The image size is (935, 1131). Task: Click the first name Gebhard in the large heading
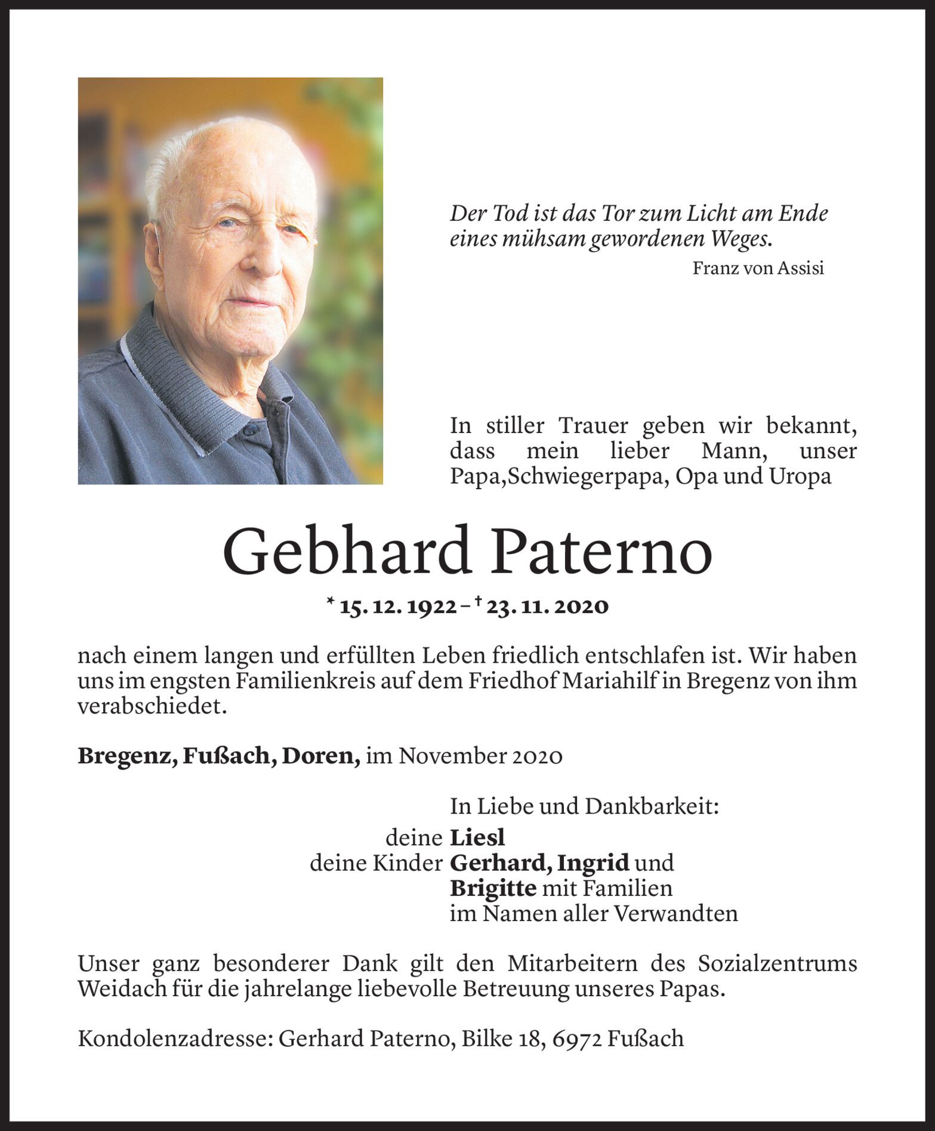click(347, 552)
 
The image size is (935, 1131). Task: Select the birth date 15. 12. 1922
click(398, 607)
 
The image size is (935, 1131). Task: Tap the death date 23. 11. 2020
click(547, 607)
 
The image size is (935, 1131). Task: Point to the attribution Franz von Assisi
click(758, 268)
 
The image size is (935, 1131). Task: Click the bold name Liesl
click(477, 838)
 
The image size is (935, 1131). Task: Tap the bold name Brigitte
click(493, 888)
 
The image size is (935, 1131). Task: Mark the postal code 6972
click(577, 1039)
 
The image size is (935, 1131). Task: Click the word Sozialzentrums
click(777, 964)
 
